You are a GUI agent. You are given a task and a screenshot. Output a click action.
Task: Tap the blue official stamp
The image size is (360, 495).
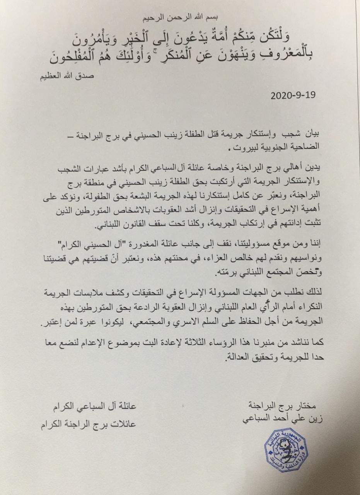[x=287, y=450]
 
